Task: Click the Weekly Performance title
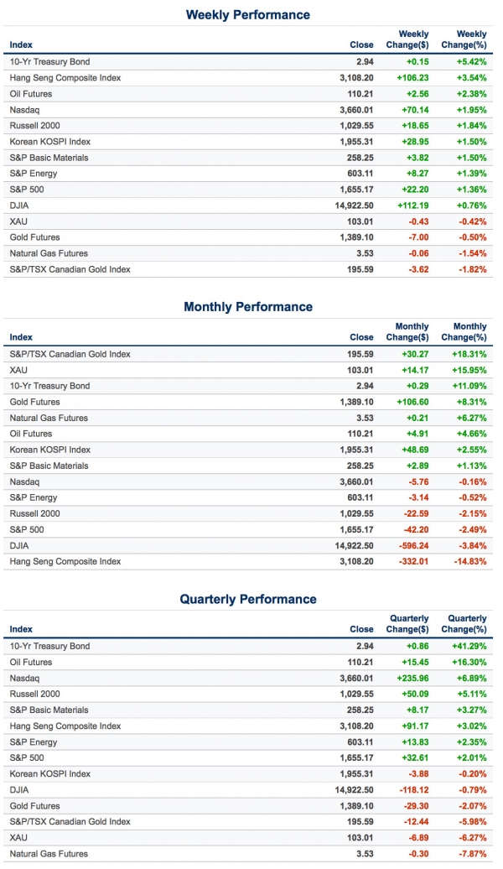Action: (247, 15)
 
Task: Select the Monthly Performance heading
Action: (248, 307)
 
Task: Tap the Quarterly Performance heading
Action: (248, 599)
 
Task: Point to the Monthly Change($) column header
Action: (412, 331)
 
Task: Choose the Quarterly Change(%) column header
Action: (467, 623)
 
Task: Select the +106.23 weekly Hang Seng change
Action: (412, 78)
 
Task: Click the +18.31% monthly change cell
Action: (468, 354)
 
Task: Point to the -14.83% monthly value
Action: (468, 561)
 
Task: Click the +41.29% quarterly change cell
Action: (468, 647)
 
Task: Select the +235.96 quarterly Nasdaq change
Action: (412, 678)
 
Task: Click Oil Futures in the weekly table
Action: (33, 94)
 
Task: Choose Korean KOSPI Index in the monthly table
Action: (49, 450)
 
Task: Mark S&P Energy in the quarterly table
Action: (34, 742)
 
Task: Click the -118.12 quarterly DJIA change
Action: (412, 790)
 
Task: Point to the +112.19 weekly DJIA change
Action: (412, 206)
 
